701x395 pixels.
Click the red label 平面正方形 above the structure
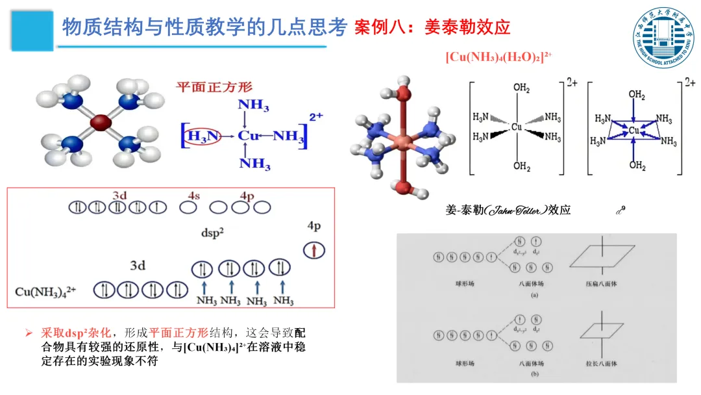click(214, 86)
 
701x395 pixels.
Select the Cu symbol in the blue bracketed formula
click(249, 136)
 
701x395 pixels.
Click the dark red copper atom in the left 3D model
click(101, 121)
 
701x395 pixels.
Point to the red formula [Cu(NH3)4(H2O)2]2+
click(498, 57)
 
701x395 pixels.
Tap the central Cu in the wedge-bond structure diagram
click(517, 127)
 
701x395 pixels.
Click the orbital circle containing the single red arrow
click(314, 250)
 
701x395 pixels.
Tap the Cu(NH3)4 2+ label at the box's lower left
click(45, 291)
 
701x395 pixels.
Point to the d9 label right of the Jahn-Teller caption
click(620, 210)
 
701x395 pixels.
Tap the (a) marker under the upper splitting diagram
click(534, 294)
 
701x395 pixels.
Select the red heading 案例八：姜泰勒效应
click(433, 27)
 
